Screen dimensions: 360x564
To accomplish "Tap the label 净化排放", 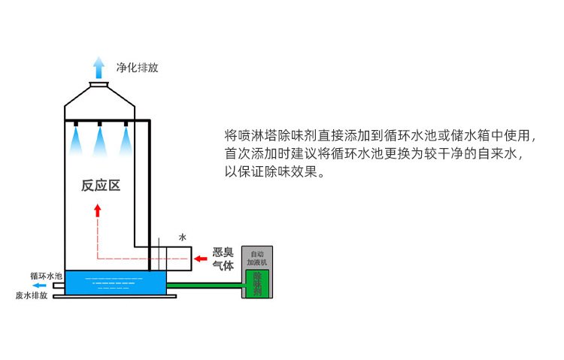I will pyautogui.click(x=137, y=68).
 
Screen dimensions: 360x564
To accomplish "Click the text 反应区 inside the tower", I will pyautogui.click(x=101, y=185).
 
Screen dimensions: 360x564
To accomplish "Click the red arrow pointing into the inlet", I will pyautogui.click(x=201, y=259).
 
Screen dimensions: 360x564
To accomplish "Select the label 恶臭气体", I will pyautogui.click(x=224, y=259).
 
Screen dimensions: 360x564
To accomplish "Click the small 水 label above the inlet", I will pyautogui.click(x=182, y=237).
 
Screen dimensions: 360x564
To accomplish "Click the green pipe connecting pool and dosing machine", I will pyautogui.click(x=203, y=286).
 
